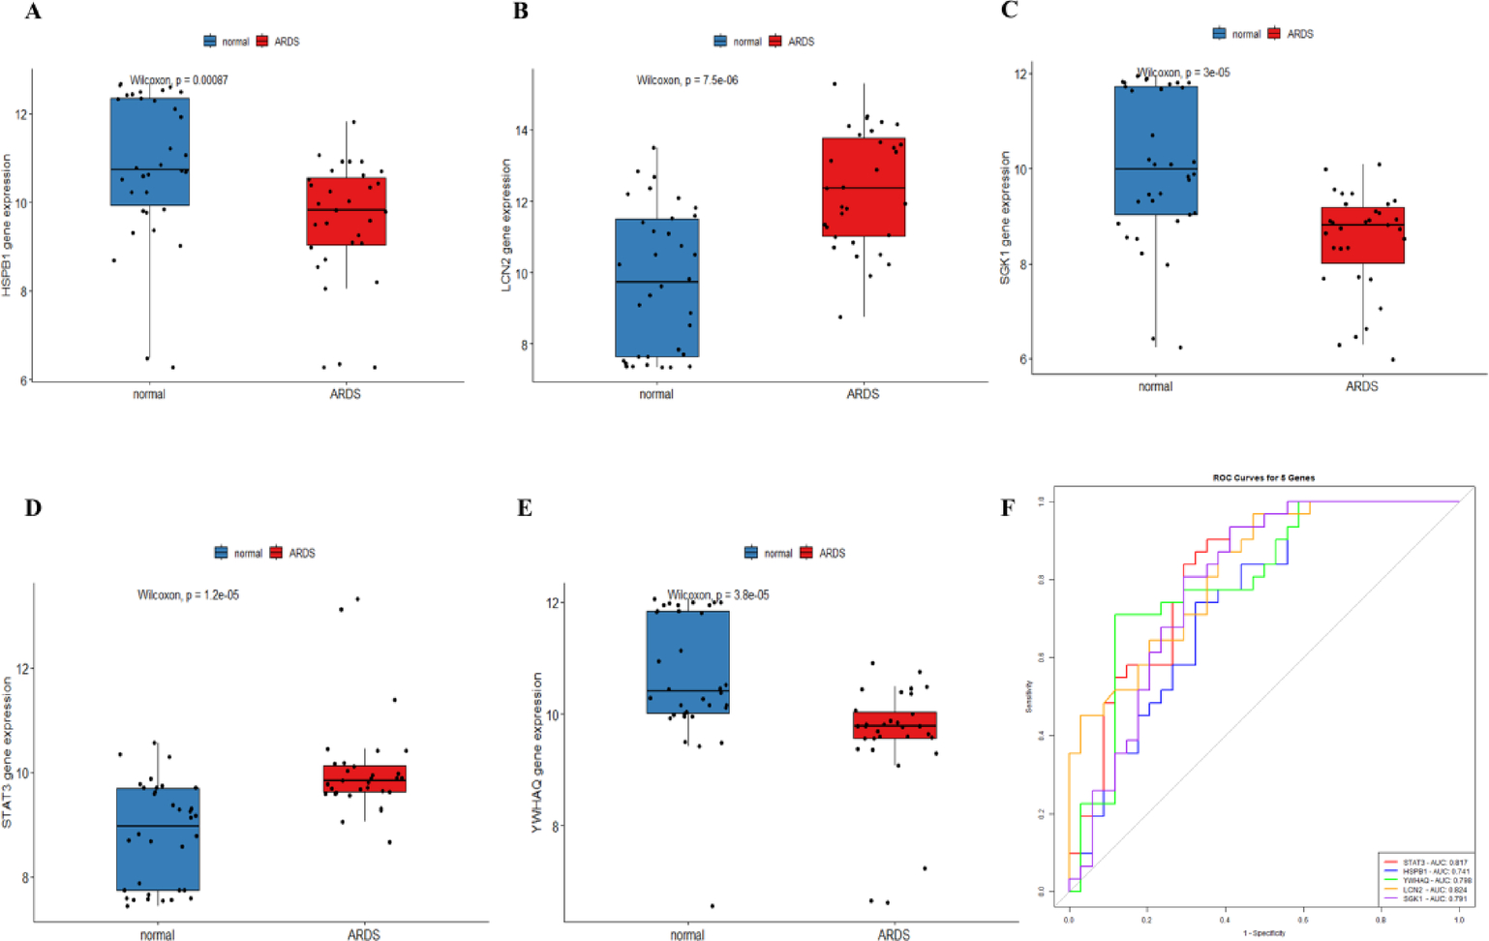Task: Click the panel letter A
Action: click(x=33, y=13)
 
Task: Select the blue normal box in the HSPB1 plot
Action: click(x=150, y=151)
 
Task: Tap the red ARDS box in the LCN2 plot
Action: click(x=864, y=187)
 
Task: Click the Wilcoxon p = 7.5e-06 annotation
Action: click(x=686, y=80)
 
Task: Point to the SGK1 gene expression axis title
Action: click(x=1005, y=218)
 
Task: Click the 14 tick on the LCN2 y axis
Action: click(x=522, y=131)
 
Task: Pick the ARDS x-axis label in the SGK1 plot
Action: click(x=1361, y=386)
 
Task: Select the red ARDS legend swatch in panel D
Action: click(x=276, y=553)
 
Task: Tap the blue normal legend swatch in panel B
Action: click(x=720, y=42)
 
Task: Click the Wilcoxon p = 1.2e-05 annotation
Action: click(x=188, y=595)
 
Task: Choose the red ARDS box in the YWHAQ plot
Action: click(x=895, y=725)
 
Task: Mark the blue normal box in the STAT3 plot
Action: click(x=158, y=839)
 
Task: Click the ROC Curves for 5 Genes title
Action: click(x=1263, y=478)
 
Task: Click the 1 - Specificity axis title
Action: click(x=1264, y=933)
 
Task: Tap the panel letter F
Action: click(x=1008, y=508)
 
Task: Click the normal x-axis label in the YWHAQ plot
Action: click(x=687, y=935)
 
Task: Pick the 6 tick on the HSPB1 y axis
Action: click(x=24, y=380)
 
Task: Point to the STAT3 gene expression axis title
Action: click(x=8, y=752)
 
